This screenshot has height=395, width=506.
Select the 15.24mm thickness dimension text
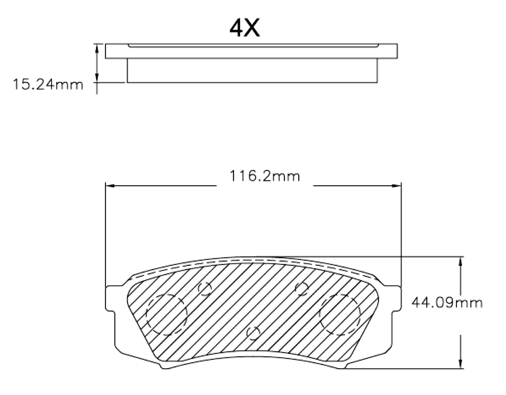pos(48,84)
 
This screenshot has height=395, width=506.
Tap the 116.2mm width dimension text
pos(264,176)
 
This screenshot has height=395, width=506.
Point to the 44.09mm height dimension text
pos(447,303)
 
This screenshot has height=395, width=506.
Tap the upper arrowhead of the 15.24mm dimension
pos(96,48)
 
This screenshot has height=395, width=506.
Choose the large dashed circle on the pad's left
pos(166,314)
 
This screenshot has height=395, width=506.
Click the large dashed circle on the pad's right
pos(340,314)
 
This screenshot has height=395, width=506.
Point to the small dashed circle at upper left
pos(205,289)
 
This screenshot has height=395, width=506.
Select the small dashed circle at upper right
pos(302,289)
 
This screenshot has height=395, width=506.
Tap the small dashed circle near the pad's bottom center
pos(253,333)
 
